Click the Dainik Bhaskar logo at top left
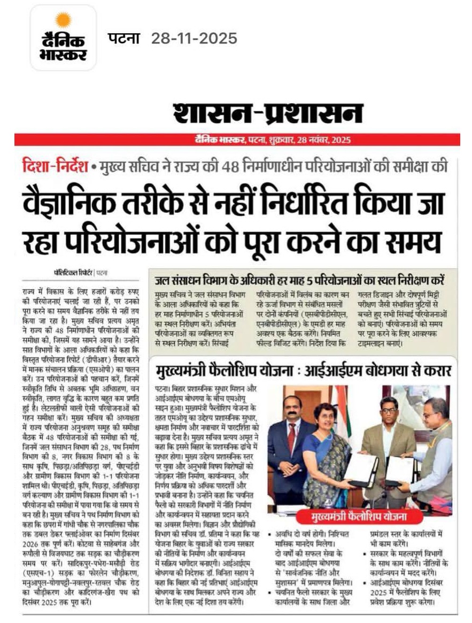pyautogui.click(x=63, y=38)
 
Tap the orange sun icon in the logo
pyautogui.click(x=63, y=20)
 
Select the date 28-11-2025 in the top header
pyautogui.click(x=194, y=39)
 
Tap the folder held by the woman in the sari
pyautogui.click(x=361, y=470)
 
